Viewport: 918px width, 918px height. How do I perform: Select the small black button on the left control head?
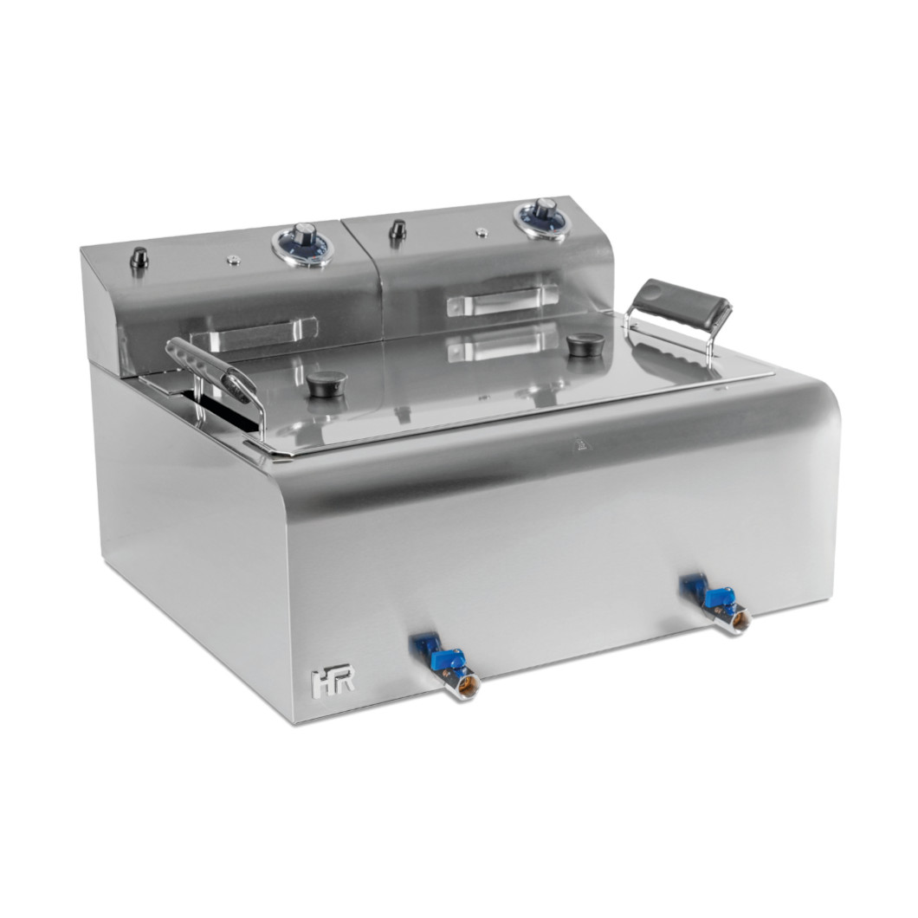(x=139, y=257)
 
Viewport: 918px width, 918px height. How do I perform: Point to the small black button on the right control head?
(x=398, y=229)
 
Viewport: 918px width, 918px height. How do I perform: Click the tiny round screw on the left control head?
(x=232, y=259)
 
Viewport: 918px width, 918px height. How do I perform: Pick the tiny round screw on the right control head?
(x=479, y=232)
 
